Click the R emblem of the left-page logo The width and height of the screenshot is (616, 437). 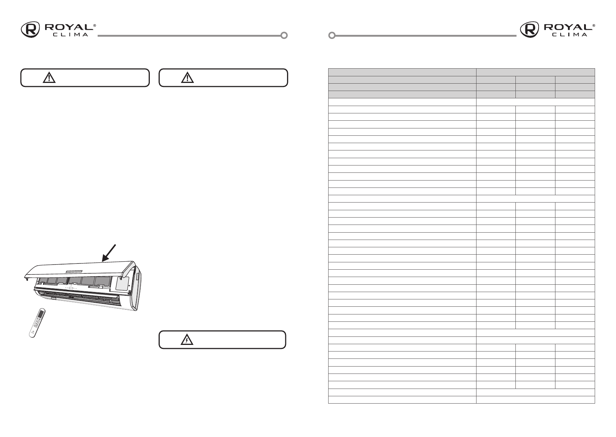30,29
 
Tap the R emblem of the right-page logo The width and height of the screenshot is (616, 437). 529,29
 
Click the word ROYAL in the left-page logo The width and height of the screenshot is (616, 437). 69,27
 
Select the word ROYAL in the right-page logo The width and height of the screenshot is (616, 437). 568,27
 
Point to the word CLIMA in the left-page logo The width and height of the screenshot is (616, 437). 70,34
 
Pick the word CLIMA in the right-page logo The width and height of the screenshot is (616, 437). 569,34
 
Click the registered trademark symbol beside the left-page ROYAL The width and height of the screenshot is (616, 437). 95,25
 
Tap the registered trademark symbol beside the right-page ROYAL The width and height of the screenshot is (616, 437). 594,25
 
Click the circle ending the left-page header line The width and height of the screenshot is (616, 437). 284,36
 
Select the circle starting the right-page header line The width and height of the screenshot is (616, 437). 332,36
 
